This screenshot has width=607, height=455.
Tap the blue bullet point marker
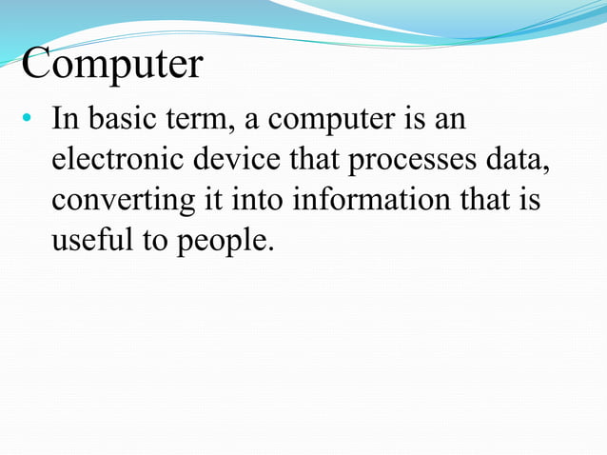click(x=28, y=122)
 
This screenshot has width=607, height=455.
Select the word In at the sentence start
click(x=64, y=121)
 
